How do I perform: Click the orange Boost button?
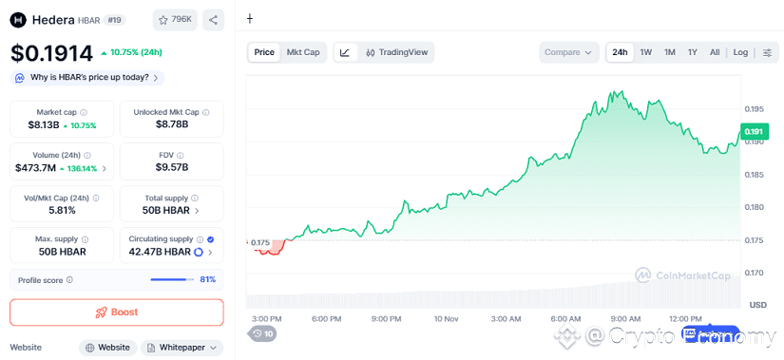coord(116,312)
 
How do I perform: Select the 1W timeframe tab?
coord(646,52)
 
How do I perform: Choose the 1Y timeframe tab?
coord(693,52)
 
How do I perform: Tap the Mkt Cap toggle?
coord(303,52)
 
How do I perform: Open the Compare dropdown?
coord(569,52)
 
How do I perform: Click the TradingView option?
coord(397,52)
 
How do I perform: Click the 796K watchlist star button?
coord(175,19)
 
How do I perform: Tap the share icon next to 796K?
coord(214,19)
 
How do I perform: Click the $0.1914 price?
coord(52,53)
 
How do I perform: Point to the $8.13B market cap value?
coord(44,124)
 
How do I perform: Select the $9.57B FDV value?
coord(173,167)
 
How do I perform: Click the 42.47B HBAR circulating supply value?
coord(158,252)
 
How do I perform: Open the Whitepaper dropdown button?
coord(182,348)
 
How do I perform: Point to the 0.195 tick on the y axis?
coord(755,109)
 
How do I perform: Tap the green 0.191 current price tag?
coord(754,132)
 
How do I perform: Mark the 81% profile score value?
coord(207,279)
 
